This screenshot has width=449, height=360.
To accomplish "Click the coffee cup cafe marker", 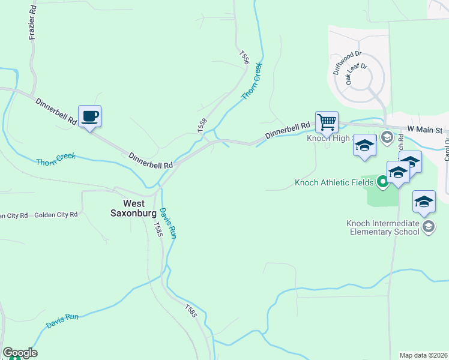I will pyautogui.click(x=89, y=116).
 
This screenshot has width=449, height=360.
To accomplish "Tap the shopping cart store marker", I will pyautogui.click(x=327, y=122).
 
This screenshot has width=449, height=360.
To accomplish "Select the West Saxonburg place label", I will pyautogui.click(x=133, y=208).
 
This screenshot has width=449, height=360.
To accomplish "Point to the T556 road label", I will pyautogui.click(x=244, y=58).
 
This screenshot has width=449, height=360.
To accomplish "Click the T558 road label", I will pyautogui.click(x=202, y=125).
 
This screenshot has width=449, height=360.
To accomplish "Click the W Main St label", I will pyautogui.click(x=424, y=129).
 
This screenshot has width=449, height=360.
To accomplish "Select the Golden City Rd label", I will pyautogui.click(x=56, y=215).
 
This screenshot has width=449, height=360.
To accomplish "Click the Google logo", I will pyautogui.click(x=20, y=353).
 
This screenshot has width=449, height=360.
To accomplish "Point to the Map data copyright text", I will pyautogui.click(x=424, y=355).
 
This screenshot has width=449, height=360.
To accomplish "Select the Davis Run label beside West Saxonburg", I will pyautogui.click(x=167, y=223).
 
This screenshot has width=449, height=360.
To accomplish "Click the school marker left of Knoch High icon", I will pyautogui.click(x=364, y=146).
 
